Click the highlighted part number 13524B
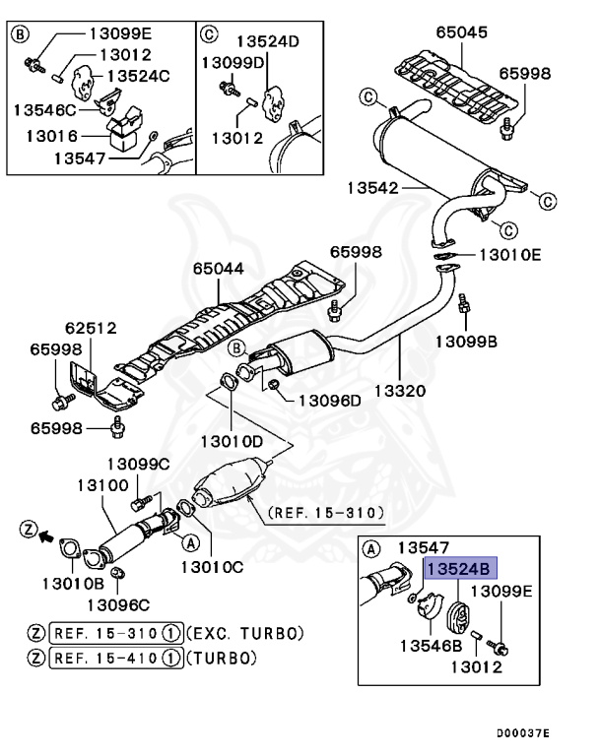461,568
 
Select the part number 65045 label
462,32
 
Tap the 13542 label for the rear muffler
373,185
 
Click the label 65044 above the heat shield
218,268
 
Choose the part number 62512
91,328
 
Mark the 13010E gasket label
509,254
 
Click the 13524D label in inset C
266,41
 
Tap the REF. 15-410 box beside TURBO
115,658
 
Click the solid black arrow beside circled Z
43,536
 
